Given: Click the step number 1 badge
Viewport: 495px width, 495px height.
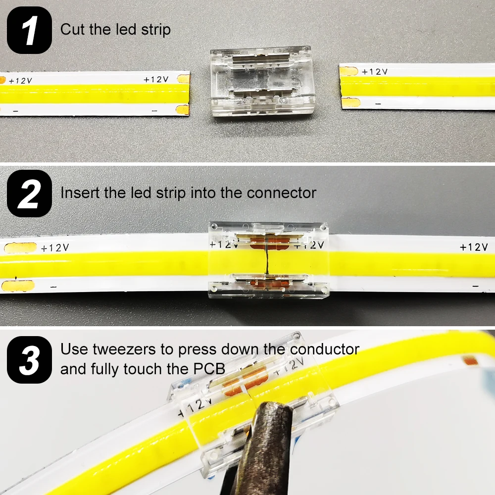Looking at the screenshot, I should coord(29,30).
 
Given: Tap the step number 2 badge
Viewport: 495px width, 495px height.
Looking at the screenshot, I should coord(29,193).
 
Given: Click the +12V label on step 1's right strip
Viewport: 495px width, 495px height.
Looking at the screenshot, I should coord(374,72).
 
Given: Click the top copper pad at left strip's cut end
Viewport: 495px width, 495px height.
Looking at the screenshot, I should coord(183,78).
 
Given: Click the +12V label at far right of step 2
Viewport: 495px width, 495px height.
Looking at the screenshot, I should coord(473,247).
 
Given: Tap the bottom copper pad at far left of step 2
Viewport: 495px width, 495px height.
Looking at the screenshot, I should coord(19,285).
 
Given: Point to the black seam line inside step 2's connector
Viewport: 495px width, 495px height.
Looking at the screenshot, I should coord(266,257).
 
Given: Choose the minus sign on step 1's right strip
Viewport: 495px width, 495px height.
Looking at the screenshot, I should coord(378,104).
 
